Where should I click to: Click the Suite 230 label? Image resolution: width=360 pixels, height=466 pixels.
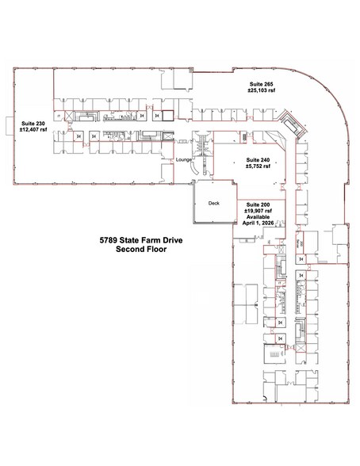point(33,123)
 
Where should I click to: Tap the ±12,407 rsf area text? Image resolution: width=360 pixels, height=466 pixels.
point(33,130)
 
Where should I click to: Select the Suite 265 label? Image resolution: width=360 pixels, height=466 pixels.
point(261,83)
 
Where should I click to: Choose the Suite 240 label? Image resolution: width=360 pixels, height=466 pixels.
point(259,159)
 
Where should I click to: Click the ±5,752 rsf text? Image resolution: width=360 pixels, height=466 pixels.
point(259,166)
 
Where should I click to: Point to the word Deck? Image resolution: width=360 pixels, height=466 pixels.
point(213,203)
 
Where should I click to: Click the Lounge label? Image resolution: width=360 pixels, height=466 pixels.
point(187,159)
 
